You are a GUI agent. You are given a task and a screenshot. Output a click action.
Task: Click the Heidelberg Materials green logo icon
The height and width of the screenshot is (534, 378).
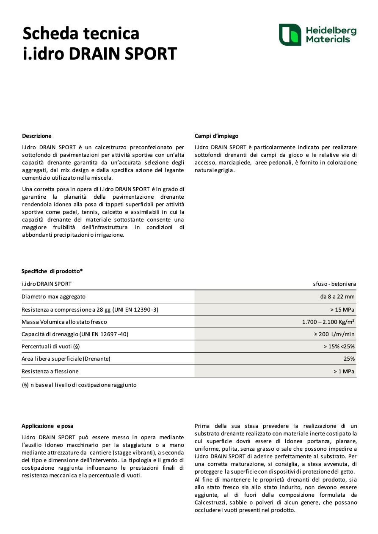pyautogui.click(x=290, y=35)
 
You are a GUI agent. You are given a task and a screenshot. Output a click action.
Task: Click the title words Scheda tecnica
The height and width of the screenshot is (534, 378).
pyautogui.click(x=81, y=33)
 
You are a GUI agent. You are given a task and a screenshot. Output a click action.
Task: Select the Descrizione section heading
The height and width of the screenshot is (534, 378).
pyautogui.click(x=37, y=136)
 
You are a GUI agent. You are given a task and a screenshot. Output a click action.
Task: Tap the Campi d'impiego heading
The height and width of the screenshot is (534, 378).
pyautogui.click(x=216, y=136)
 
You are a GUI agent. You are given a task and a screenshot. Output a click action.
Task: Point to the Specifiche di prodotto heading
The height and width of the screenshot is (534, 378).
pyautogui.click(x=52, y=271)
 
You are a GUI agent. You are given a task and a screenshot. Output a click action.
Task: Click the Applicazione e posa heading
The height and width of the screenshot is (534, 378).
pyautogui.click(x=47, y=426)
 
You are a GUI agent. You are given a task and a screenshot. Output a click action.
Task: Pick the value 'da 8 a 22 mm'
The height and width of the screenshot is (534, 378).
pyautogui.click(x=337, y=297)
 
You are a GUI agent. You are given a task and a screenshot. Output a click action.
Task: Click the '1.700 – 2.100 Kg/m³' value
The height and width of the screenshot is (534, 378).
pyautogui.click(x=328, y=322)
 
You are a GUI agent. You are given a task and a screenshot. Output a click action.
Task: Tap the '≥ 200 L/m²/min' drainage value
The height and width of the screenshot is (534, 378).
pyautogui.click(x=334, y=334)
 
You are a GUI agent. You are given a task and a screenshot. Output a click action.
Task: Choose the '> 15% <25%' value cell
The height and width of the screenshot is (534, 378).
pyautogui.click(x=339, y=347)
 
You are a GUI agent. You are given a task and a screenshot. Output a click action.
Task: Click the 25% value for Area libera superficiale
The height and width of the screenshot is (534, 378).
pyautogui.click(x=349, y=359)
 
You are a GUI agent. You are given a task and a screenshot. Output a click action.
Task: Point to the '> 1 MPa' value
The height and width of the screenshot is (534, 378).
pyautogui.click(x=344, y=372)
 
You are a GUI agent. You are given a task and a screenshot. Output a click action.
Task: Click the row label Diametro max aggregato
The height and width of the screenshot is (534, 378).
pyautogui.click(x=53, y=297)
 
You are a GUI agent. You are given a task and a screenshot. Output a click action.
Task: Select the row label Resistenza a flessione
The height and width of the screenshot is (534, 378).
pyautogui.click(x=50, y=372)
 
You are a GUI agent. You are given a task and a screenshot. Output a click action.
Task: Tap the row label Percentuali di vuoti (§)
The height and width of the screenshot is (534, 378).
pyautogui.click(x=51, y=347)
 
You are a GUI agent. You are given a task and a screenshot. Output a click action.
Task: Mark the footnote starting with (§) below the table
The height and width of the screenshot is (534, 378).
pyautogui.click(x=79, y=385)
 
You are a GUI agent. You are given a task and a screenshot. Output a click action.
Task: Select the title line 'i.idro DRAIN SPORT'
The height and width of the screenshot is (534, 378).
pyautogui.click(x=99, y=54)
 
